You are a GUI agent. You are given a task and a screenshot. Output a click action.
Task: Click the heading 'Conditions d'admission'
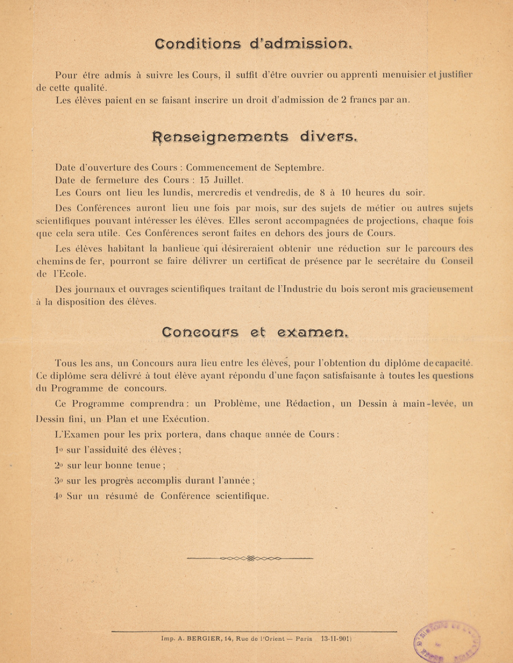click(x=253, y=44)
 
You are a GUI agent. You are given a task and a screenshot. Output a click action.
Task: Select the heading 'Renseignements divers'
click(x=254, y=137)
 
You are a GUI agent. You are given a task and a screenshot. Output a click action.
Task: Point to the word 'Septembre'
click(x=300, y=168)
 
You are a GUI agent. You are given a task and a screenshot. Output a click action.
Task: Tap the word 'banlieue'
click(x=181, y=249)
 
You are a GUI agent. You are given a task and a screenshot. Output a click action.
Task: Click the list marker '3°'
click(x=58, y=481)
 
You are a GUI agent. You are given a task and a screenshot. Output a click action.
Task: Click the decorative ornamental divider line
click(x=250, y=558)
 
